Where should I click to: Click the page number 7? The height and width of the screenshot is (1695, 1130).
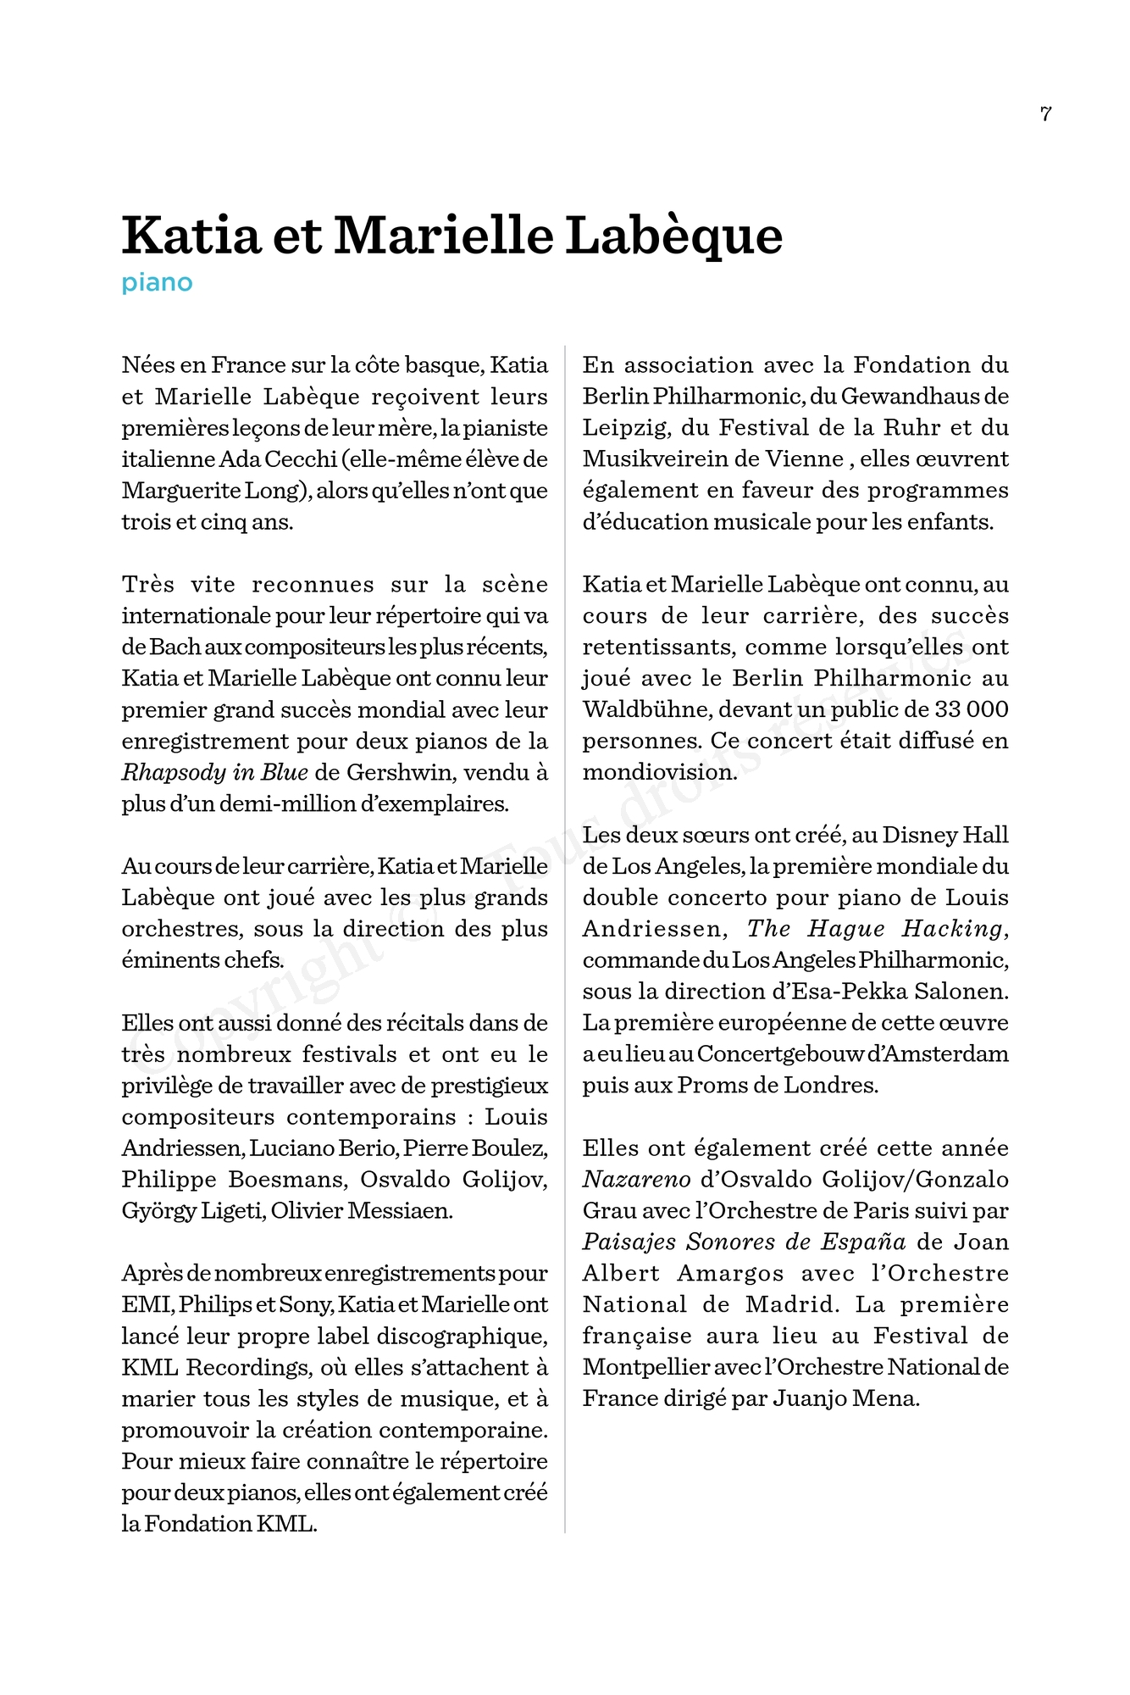click(1046, 114)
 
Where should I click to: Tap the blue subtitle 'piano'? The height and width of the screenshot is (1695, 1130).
click(157, 282)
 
